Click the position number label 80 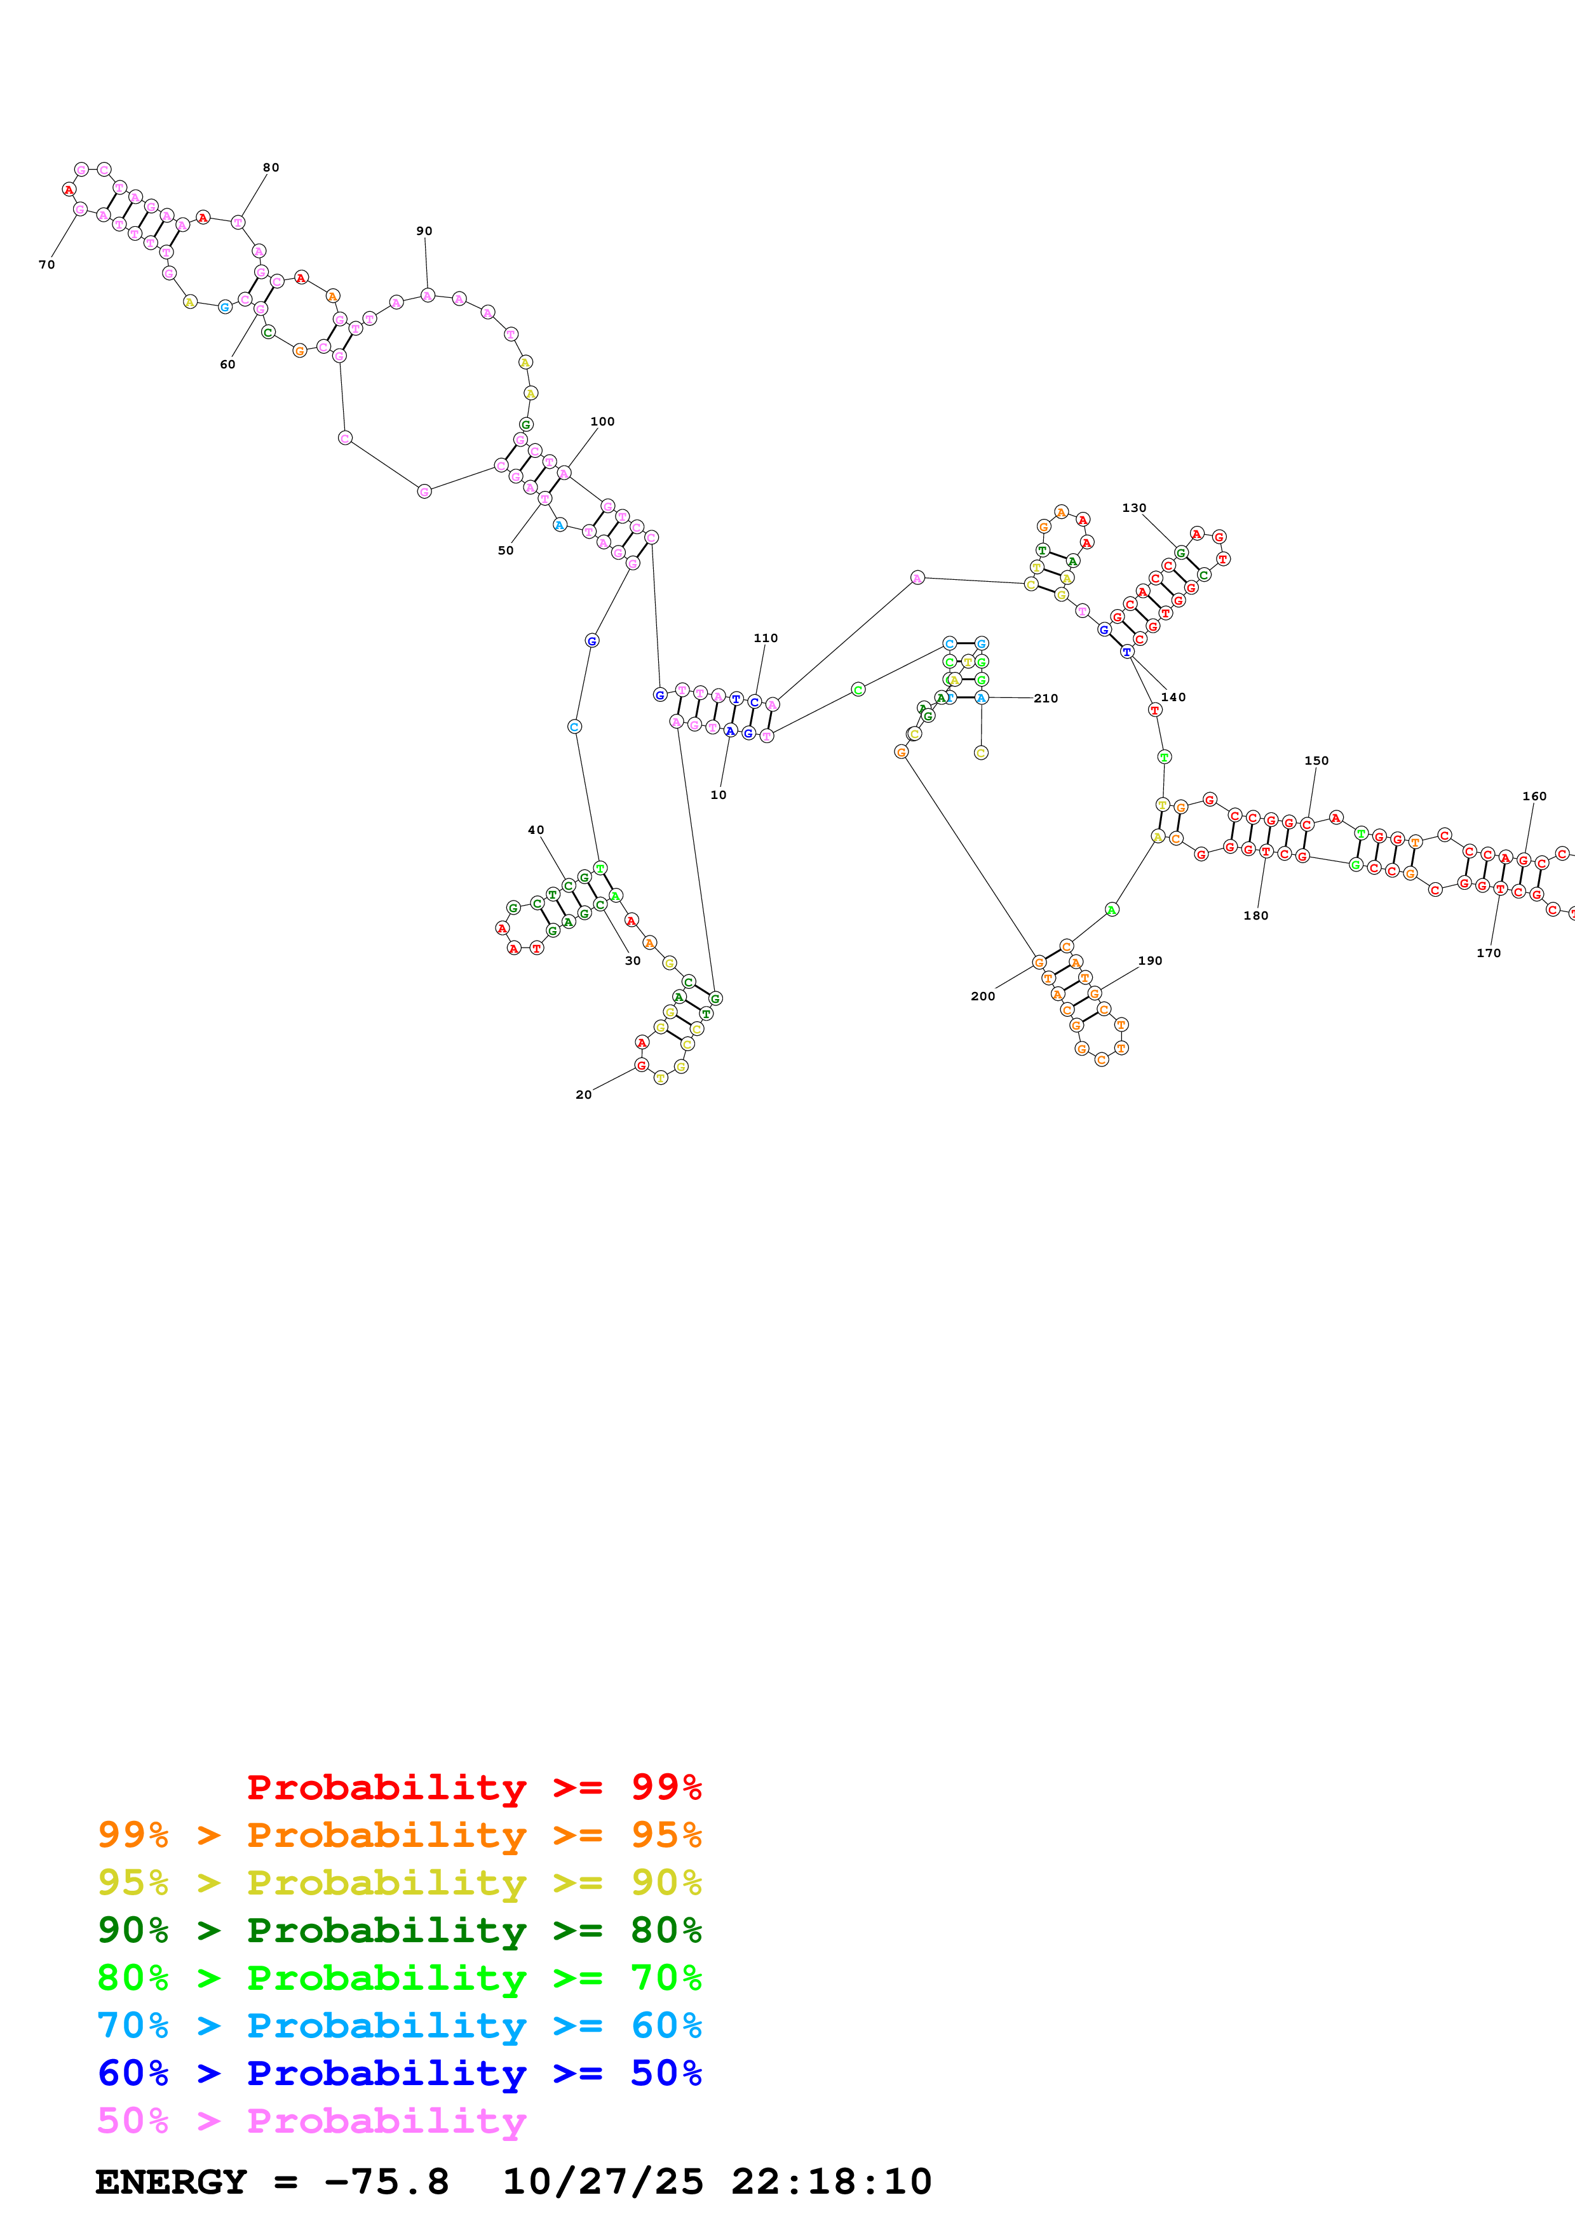[x=271, y=168]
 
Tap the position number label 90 [x=424, y=231]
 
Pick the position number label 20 [x=583, y=1094]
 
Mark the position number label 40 [x=536, y=829]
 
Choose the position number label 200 [x=982, y=996]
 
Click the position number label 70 [x=46, y=265]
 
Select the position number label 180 [x=1255, y=915]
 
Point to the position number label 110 [x=765, y=638]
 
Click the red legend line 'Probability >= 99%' [x=473, y=1787]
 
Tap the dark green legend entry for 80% [x=399, y=1930]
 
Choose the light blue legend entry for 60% [x=399, y=2026]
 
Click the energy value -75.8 [x=386, y=2182]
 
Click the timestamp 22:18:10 [x=830, y=2182]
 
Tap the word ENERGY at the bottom [x=171, y=2182]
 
